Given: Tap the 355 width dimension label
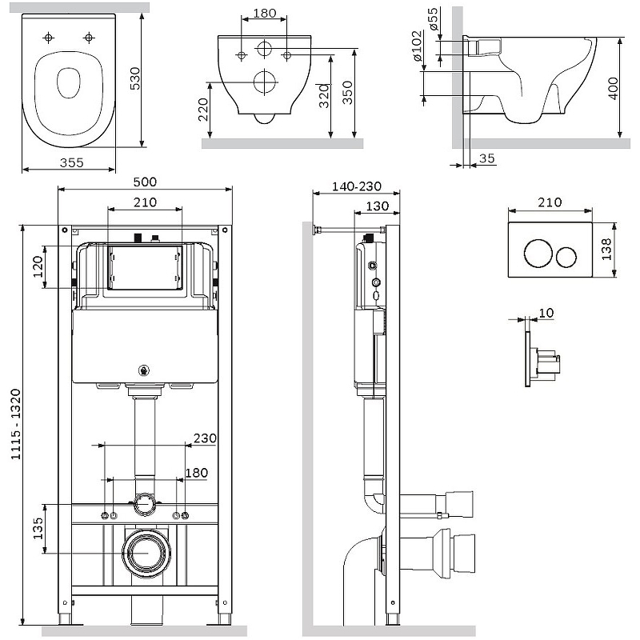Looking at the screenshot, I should point(66,162).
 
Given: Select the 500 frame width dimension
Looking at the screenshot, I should point(145,182).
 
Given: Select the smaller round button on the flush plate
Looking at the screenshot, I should point(567,256).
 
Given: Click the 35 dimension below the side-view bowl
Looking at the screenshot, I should point(487,158).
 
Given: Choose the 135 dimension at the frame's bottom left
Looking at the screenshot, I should point(38,528).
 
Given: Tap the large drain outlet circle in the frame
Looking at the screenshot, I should point(145,552).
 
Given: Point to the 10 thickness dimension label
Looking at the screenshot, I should point(546,313).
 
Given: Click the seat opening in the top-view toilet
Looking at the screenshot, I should point(67,81).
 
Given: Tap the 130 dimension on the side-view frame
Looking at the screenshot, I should point(378,206).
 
